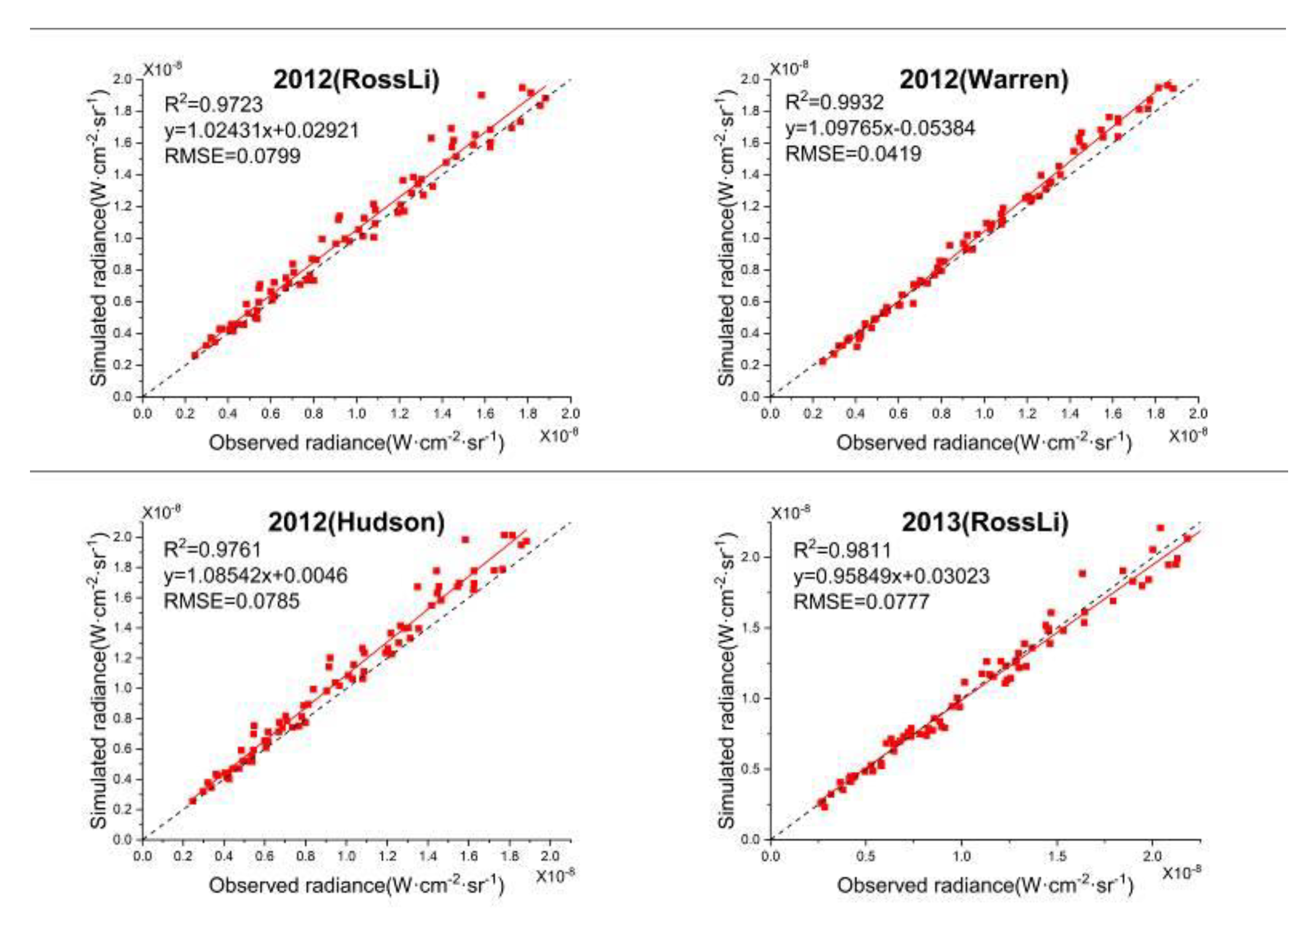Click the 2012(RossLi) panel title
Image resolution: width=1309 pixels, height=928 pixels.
coord(356,79)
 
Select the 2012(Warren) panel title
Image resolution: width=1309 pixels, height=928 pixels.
coord(983,79)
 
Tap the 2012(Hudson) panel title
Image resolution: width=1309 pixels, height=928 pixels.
coord(356,522)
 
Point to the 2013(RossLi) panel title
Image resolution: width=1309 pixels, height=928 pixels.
coord(985,522)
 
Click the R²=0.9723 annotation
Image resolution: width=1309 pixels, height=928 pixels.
coord(213,104)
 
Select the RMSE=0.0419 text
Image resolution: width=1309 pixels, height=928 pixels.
coord(853,154)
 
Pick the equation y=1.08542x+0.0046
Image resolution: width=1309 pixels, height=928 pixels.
coord(255,575)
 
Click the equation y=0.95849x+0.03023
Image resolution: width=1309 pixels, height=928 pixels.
coord(892,575)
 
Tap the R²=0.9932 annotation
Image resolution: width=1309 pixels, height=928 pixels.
coord(834,102)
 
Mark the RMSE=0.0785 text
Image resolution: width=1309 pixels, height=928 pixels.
coord(231,600)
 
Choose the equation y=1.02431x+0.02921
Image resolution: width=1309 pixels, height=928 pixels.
coord(262,130)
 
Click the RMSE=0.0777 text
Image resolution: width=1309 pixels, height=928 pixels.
coord(861,601)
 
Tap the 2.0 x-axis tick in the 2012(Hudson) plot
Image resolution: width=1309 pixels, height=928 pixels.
coord(550,856)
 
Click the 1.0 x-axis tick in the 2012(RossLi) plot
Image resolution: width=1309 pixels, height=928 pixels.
coord(356,413)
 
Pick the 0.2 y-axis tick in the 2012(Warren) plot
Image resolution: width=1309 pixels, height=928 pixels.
coord(752,364)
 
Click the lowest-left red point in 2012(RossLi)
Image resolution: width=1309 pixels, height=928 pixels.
coord(195,355)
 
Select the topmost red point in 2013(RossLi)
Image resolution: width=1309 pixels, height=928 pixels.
coord(1160,528)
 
